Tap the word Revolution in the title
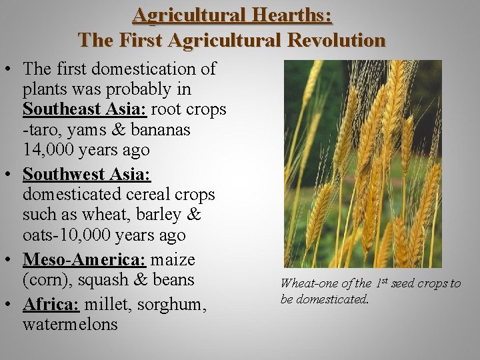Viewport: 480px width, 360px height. tap(337, 40)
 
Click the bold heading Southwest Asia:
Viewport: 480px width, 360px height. tap(87, 174)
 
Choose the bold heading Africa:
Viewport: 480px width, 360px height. tap(51, 304)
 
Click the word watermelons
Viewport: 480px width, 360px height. tap(70, 325)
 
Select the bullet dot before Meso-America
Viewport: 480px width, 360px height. tap(11, 259)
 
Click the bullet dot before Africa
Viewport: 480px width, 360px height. tap(11, 304)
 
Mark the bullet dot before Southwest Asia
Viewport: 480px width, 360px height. tap(11, 174)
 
